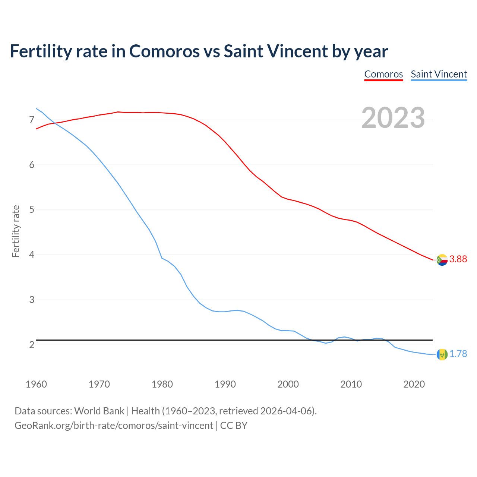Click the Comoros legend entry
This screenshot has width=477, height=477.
pyautogui.click(x=383, y=74)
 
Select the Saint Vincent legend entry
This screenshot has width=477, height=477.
pyautogui.click(x=439, y=74)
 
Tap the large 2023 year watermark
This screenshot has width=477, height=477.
pyautogui.click(x=393, y=118)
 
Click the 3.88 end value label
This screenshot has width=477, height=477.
pyautogui.click(x=458, y=259)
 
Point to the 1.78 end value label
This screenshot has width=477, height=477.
pyautogui.click(x=458, y=354)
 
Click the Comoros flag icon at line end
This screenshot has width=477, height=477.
pyautogui.click(x=442, y=260)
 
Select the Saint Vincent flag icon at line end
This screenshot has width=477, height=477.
pyautogui.click(x=442, y=354)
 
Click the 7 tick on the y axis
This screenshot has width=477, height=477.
pyautogui.click(x=32, y=120)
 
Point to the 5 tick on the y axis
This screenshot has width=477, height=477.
pyautogui.click(x=32, y=210)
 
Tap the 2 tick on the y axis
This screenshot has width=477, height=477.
pyautogui.click(x=32, y=345)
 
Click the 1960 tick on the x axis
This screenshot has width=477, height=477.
pyautogui.click(x=36, y=384)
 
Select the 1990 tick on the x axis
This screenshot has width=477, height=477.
pyautogui.click(x=225, y=384)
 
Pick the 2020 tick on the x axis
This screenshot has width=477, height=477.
pyautogui.click(x=414, y=384)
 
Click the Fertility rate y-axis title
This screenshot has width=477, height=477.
pyautogui.click(x=16, y=231)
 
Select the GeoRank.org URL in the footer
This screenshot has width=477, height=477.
pyautogui.click(x=114, y=425)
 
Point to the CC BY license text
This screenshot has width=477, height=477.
pyautogui.click(x=234, y=425)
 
